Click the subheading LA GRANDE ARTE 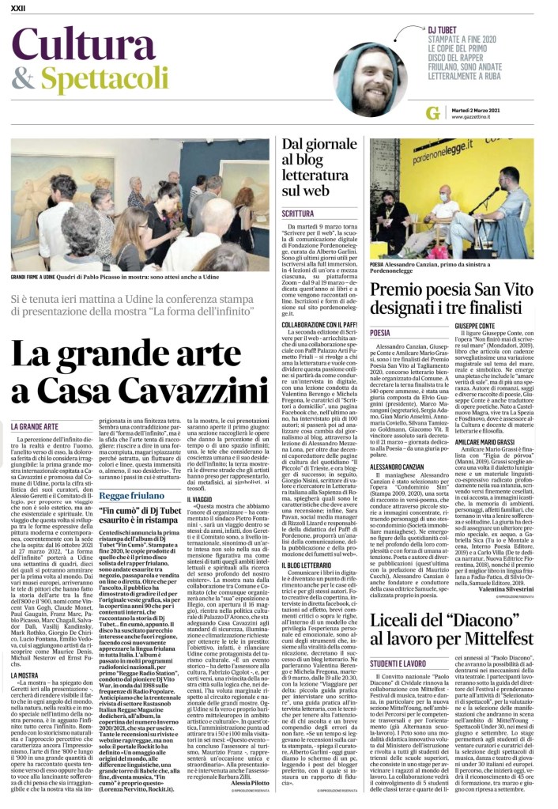point(35,427)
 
